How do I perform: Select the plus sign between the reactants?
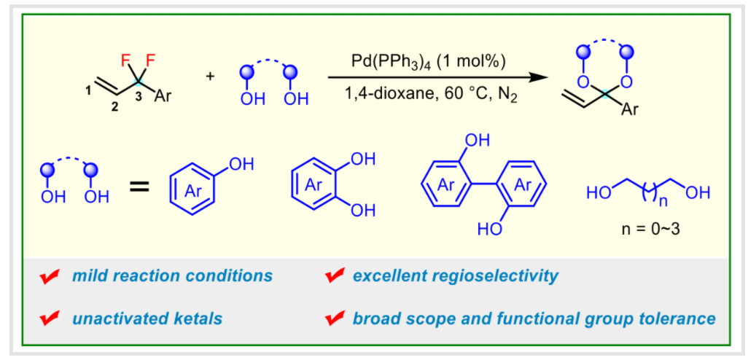click(x=211, y=76)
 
